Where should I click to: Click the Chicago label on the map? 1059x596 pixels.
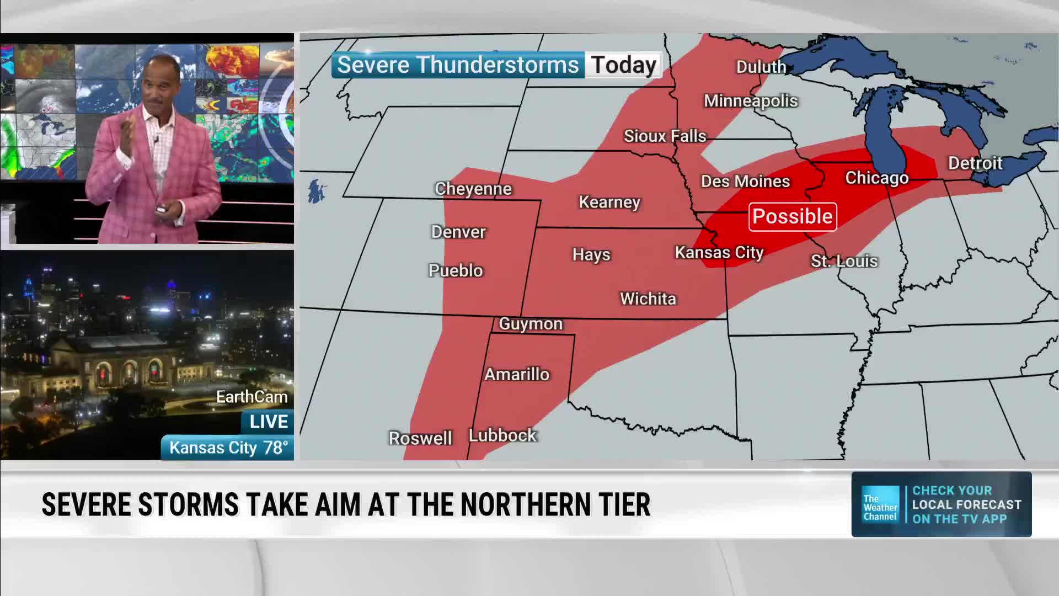click(x=876, y=178)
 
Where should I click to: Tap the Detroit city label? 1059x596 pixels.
click(x=975, y=163)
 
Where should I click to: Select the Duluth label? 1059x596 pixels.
click(x=761, y=67)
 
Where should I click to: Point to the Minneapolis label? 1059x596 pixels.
click(x=750, y=101)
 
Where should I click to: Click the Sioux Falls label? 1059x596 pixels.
click(x=665, y=136)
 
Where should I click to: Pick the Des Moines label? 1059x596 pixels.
click(x=745, y=182)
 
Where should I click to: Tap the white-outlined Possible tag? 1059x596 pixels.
click(x=792, y=216)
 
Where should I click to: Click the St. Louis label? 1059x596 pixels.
click(x=843, y=261)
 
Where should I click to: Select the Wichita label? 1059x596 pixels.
click(x=648, y=299)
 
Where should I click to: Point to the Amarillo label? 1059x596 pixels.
click(x=517, y=374)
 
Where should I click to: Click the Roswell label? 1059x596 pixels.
click(x=420, y=438)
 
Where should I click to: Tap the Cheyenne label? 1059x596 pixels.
click(x=473, y=189)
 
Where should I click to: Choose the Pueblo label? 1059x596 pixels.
click(x=455, y=270)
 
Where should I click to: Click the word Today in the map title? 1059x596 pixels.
click(x=623, y=65)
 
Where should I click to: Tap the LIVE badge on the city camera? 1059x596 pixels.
click(x=268, y=422)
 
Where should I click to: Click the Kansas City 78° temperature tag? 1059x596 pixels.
click(x=228, y=448)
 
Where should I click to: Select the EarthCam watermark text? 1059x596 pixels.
click(x=252, y=397)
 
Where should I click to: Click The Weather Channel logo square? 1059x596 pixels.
click(x=880, y=504)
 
